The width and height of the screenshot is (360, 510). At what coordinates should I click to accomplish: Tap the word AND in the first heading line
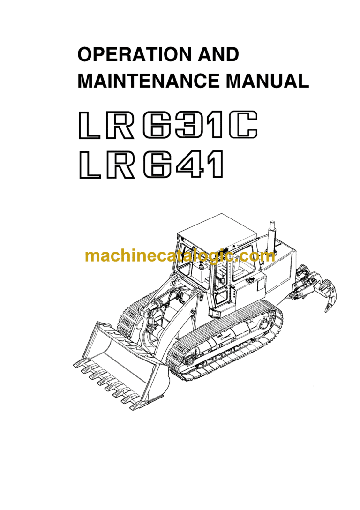[217, 55]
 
